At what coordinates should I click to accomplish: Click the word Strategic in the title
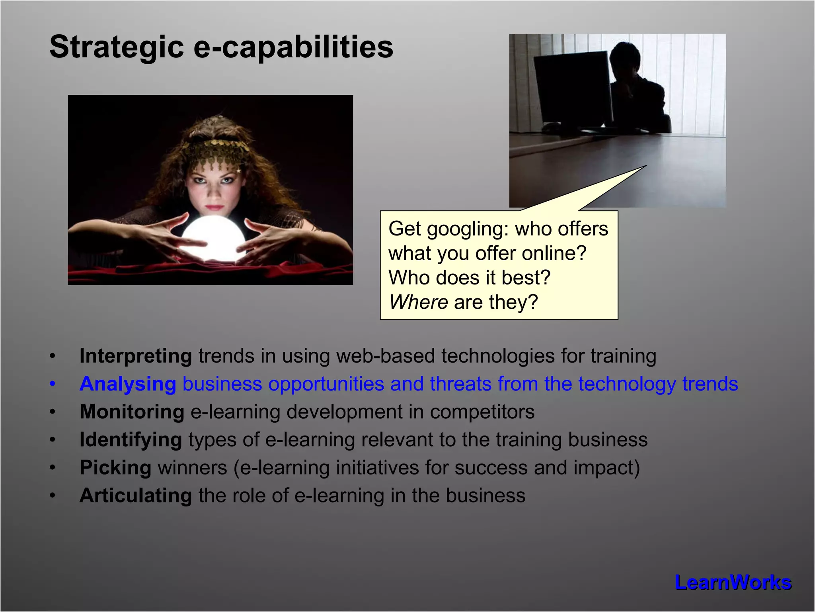pos(116,47)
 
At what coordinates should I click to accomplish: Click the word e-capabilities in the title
pos(293,47)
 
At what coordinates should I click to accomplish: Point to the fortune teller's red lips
pos(214,208)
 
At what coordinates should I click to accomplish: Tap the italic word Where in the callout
pos(418,302)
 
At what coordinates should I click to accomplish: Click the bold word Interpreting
pos(136,356)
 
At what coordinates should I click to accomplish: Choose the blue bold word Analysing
pos(128,384)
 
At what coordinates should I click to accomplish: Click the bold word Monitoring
pos(132,412)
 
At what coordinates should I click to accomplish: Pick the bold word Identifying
pos(131,440)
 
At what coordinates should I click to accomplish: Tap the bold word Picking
pos(115,468)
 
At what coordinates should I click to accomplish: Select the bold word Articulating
pos(136,496)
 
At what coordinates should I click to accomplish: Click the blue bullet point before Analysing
pos(52,384)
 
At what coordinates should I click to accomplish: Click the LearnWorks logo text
pos(733,583)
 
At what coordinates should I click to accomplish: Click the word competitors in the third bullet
pos(482,412)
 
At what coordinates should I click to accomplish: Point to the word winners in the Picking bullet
pos(192,468)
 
